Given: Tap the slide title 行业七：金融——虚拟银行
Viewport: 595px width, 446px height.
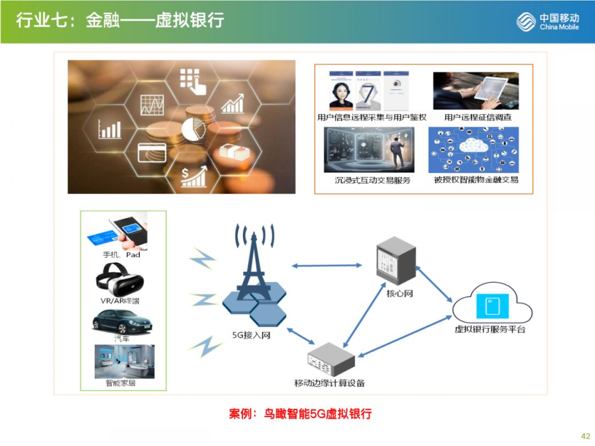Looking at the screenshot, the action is pos(120,21).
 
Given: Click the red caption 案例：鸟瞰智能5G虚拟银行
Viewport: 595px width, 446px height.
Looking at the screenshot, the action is pos(300,414).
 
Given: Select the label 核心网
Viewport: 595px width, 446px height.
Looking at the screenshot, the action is pos(399,293).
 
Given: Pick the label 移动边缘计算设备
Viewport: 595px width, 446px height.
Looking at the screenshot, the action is pos(329,383).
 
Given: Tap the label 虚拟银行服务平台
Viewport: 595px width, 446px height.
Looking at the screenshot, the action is pos(490,329).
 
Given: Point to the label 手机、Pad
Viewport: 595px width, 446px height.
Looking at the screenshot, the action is pos(121,254).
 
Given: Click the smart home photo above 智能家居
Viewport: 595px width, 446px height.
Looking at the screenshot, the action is pos(124,361).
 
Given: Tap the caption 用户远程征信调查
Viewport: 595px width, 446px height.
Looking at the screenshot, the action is pos(478,117).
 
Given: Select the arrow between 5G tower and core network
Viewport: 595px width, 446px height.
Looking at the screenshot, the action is pos(327,266).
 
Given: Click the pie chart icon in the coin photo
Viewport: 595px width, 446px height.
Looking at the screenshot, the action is pos(193,129).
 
